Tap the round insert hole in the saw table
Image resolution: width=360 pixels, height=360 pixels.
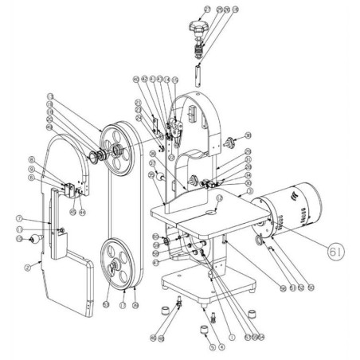[x=214, y=212]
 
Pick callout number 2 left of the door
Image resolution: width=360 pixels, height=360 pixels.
[x=27, y=268]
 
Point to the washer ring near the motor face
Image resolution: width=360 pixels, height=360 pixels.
[x=260, y=241]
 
